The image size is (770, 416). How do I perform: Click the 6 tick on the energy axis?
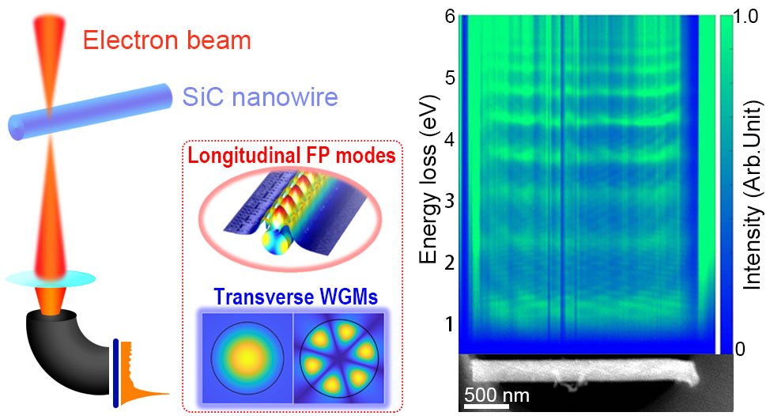coord(448,17)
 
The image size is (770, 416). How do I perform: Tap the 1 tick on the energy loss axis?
coord(448,323)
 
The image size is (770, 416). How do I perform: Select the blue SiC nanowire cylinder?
coord(91,111)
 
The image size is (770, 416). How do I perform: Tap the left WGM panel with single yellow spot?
coord(248,355)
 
